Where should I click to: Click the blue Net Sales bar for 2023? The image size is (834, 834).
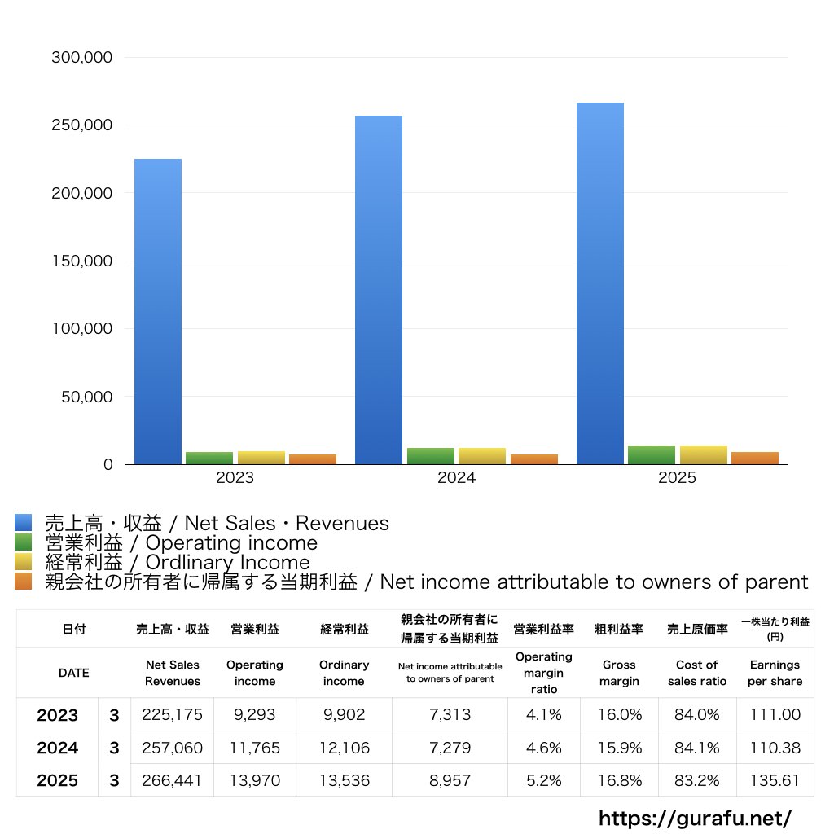(x=158, y=311)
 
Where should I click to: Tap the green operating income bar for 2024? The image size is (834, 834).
(x=431, y=456)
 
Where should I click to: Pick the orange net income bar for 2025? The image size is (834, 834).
(x=755, y=458)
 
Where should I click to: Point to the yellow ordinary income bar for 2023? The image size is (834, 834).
(x=261, y=457)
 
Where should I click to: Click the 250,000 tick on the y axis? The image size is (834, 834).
(x=82, y=125)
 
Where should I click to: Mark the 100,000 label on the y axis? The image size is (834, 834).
(x=82, y=329)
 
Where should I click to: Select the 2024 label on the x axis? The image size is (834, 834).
(x=456, y=478)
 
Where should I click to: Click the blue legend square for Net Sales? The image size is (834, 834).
(x=24, y=523)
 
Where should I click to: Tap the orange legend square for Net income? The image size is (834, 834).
(x=24, y=582)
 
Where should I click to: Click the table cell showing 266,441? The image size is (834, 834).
(x=172, y=780)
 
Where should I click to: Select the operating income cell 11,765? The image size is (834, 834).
(x=254, y=748)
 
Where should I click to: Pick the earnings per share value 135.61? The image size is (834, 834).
(x=775, y=780)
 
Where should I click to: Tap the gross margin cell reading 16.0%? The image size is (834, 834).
(x=619, y=715)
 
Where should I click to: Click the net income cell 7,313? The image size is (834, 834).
(x=450, y=715)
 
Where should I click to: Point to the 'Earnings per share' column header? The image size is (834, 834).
(x=775, y=673)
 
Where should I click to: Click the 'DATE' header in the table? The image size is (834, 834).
(x=73, y=673)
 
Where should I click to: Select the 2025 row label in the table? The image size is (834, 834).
(x=58, y=780)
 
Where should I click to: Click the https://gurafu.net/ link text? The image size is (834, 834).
(x=695, y=818)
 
